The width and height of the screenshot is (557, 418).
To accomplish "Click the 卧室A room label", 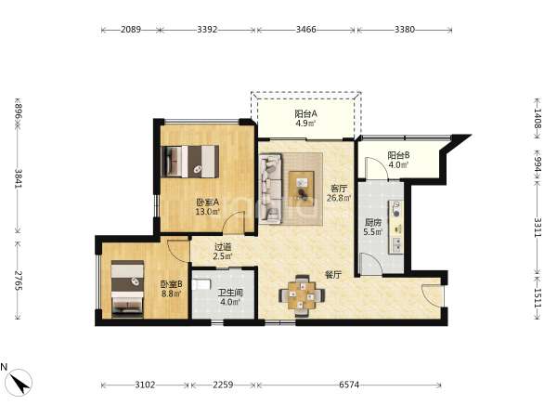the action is point(208,202).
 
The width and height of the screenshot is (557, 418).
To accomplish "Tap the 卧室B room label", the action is point(171,284).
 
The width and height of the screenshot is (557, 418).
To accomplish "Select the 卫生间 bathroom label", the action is point(230,293).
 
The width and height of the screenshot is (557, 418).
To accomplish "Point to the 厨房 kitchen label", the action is point(373,223).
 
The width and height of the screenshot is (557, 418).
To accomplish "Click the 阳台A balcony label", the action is point(305,114).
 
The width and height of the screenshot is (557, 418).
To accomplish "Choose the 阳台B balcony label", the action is point(398,155).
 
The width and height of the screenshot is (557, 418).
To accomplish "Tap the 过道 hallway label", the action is point(223,247).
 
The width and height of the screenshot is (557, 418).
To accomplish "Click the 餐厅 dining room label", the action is point(333,274).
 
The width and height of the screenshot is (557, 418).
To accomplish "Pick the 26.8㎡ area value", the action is point(339,198).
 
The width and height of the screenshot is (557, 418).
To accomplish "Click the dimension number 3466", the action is point(305,29).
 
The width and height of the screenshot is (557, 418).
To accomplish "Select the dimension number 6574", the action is point(349,385).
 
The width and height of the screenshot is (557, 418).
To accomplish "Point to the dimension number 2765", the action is point(19,281).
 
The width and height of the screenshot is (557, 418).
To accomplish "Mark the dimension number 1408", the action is point(538,119).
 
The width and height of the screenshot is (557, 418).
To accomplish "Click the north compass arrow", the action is point(19,383).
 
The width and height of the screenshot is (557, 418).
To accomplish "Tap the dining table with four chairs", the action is point(302,295).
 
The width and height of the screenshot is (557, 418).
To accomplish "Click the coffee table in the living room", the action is point(302,187).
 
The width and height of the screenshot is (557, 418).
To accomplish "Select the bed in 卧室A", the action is point(189,161).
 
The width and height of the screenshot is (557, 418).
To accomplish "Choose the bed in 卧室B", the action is point(127,289).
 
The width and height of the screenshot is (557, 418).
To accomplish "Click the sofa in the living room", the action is point(271,189).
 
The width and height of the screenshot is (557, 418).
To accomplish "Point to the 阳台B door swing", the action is point(378,168).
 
